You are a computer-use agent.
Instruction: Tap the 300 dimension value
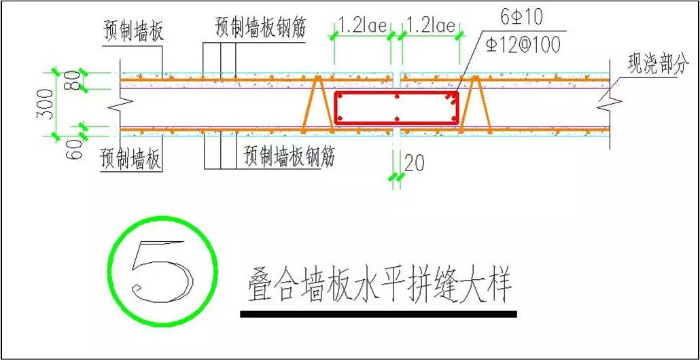[43, 103]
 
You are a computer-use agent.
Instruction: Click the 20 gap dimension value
[414, 163]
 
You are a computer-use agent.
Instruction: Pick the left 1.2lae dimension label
[362, 26]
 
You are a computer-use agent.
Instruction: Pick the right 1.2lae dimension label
[431, 26]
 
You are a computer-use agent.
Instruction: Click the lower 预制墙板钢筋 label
[290, 158]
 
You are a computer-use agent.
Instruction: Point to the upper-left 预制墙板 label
[134, 32]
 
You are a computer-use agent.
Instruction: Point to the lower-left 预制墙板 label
[131, 160]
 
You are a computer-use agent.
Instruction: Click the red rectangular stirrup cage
[396, 92]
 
